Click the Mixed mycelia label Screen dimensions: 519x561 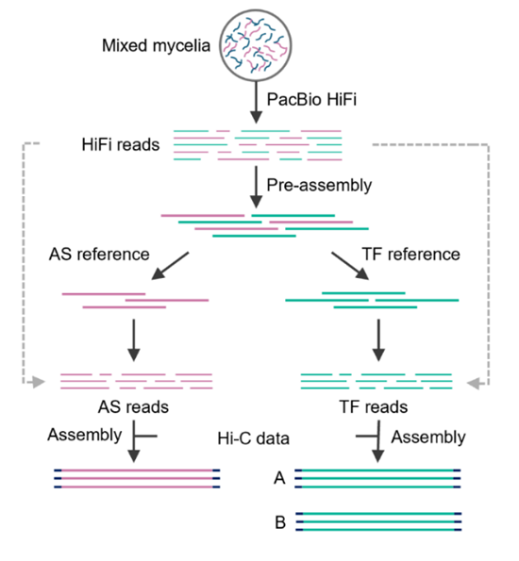tap(156, 46)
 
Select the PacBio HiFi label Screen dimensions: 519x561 tap(311, 99)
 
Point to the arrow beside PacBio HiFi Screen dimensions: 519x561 tap(256, 103)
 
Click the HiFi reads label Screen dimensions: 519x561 tap(121, 145)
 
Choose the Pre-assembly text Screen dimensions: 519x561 tap(319, 186)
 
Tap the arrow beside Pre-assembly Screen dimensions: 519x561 tap(256, 187)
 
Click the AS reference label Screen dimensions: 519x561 tap(99, 255)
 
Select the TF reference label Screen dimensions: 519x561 tap(411, 255)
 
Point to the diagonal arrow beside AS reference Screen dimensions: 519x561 tap(170, 266)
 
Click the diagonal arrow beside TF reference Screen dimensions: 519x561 tap(350, 266)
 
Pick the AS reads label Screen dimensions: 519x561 tap(133, 407)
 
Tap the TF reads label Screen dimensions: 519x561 tap(374, 407)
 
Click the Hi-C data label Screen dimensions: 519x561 tap(253, 438)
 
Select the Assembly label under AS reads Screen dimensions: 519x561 tap(85, 435)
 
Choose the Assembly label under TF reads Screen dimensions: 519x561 tap(428, 437)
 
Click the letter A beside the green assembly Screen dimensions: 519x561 tap(279, 478)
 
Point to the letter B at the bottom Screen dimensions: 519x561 tap(280, 522)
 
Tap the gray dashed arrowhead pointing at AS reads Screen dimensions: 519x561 tap(39, 382)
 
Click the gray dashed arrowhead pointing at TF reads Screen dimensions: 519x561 tap(474, 383)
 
